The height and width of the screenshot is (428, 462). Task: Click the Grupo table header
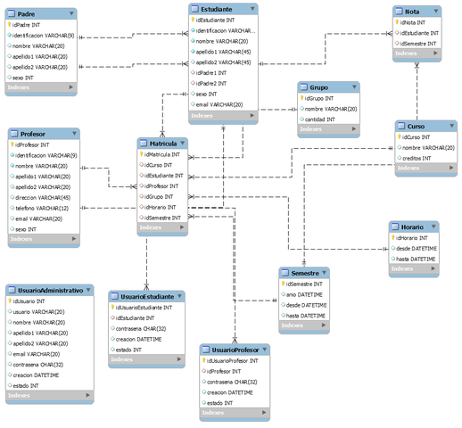pyautogui.click(x=318, y=88)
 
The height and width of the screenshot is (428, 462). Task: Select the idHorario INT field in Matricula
pyautogui.click(x=161, y=208)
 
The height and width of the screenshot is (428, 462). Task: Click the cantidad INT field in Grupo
pyautogui.click(x=323, y=119)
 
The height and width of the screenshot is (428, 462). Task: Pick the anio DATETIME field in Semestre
pyautogui.click(x=304, y=294)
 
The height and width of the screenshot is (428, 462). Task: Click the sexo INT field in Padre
pyautogui.click(x=27, y=78)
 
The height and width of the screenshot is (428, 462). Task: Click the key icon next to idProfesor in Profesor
pyautogui.click(x=12, y=144)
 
